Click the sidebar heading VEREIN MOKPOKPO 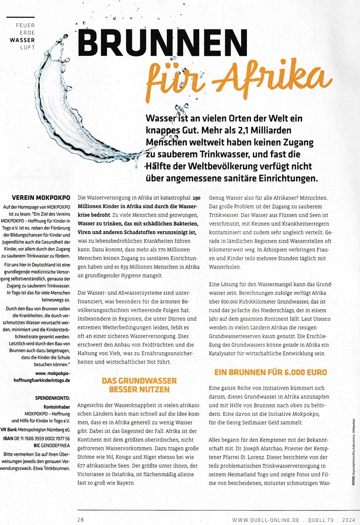coord(40,197)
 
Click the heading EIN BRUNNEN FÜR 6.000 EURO coord(271,372)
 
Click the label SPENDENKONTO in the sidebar coord(52,399)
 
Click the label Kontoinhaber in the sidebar coord(57,406)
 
